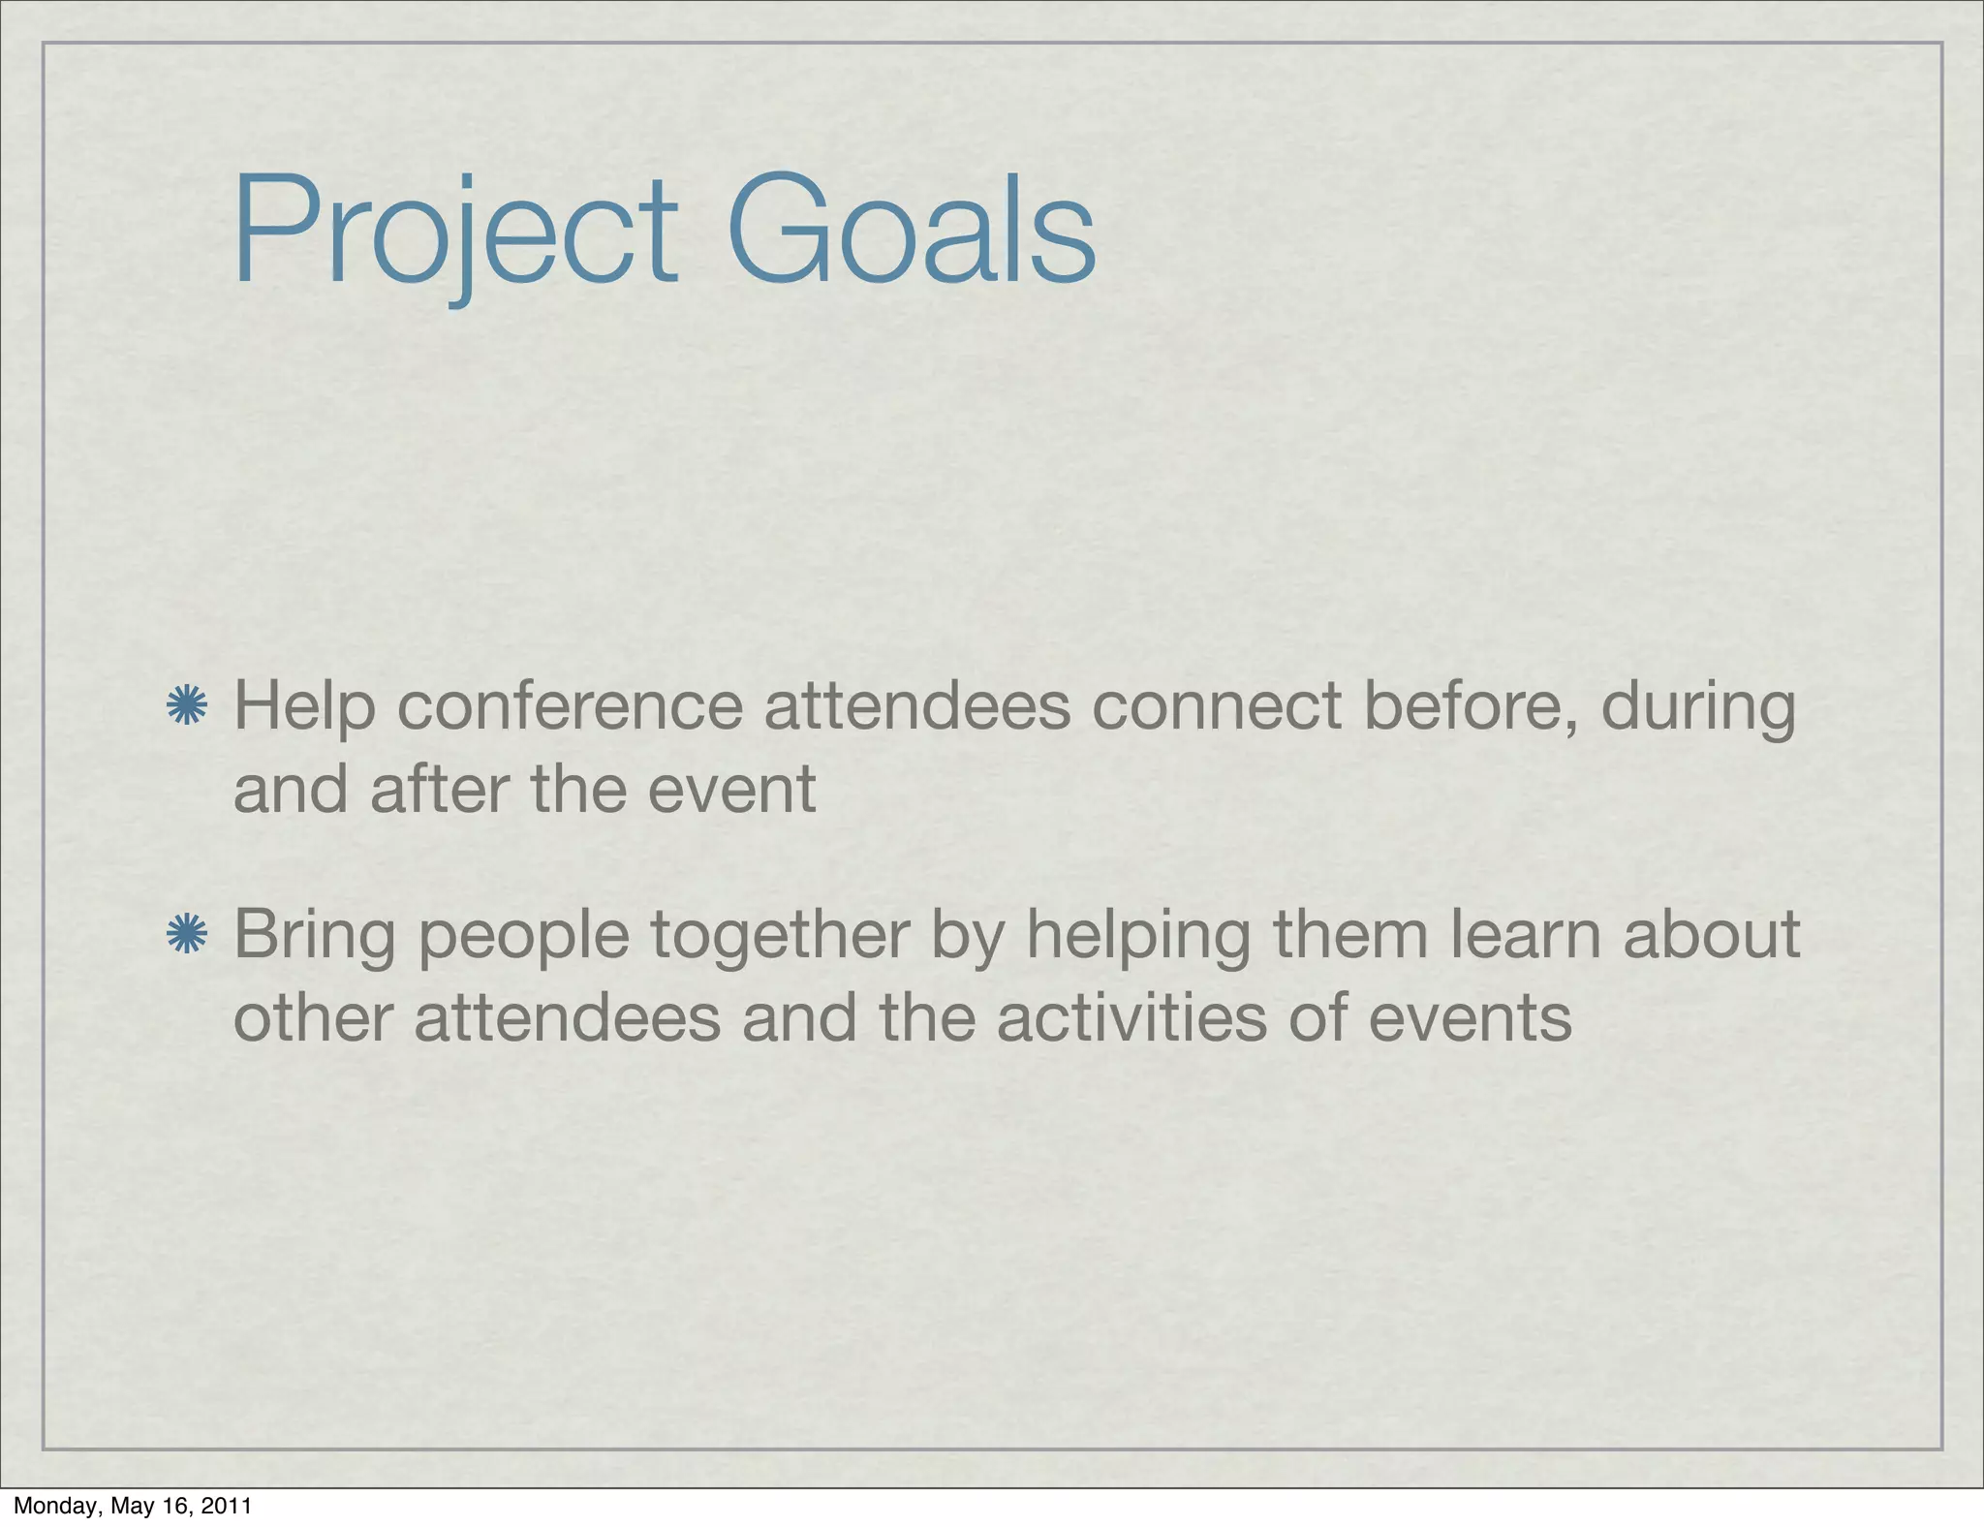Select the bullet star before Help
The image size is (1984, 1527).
[186, 705]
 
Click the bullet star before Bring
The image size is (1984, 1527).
[186, 934]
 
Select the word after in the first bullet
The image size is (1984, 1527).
[440, 789]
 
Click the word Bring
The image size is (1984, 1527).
[314, 936]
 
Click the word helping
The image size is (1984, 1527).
[1138, 936]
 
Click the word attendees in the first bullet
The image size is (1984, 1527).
[917, 705]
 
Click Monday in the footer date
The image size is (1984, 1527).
[57, 1506]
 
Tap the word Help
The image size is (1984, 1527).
[304, 707]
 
